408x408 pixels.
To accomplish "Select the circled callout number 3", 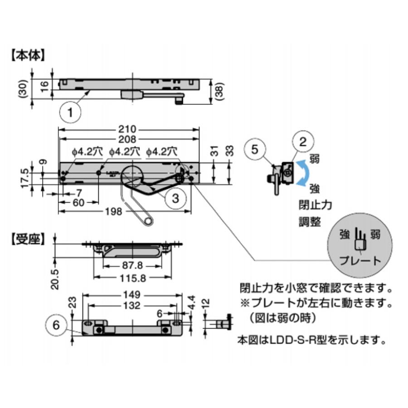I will coord(175,198).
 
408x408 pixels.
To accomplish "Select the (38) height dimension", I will coord(220,92).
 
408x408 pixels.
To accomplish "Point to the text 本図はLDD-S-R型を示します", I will coord(312,339).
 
